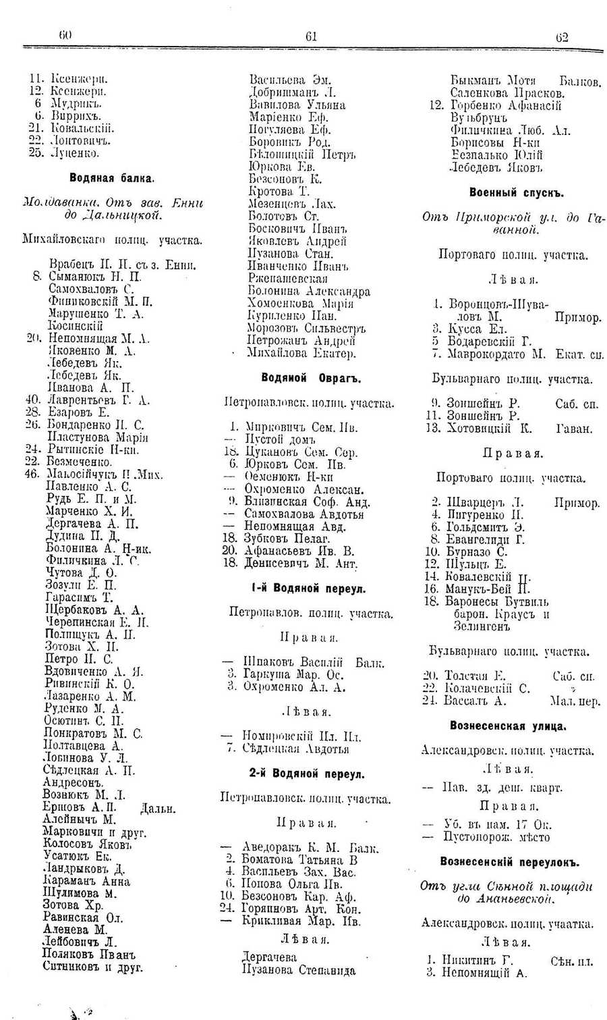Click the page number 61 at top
[311, 37]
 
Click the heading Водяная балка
[112, 178]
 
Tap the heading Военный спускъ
[517, 192]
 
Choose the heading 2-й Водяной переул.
[307, 774]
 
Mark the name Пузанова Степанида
[299, 970]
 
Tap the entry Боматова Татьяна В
[300, 859]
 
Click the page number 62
[562, 37]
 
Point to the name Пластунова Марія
[97, 437]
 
